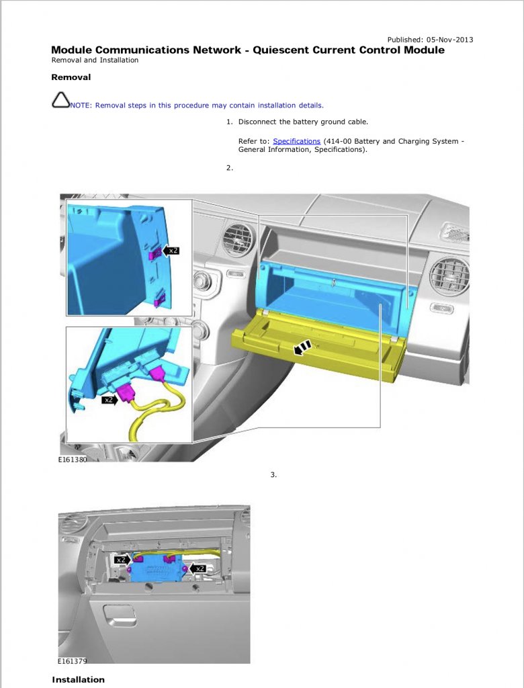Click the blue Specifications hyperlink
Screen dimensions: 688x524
tap(296, 141)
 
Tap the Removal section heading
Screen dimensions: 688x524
tap(71, 77)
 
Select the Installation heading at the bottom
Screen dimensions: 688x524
tap(78, 679)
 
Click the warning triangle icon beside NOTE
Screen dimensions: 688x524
tap(60, 101)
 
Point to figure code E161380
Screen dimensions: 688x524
tap(72, 462)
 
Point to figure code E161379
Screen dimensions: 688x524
tap(72, 661)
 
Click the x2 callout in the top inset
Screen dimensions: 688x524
tap(172, 251)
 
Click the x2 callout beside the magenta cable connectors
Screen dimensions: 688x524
tap(107, 400)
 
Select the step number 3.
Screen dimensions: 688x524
tap(273, 475)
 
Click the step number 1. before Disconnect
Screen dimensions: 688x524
tap(229, 122)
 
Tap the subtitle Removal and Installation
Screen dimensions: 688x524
tap(95, 60)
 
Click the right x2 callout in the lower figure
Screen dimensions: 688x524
tap(198, 568)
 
